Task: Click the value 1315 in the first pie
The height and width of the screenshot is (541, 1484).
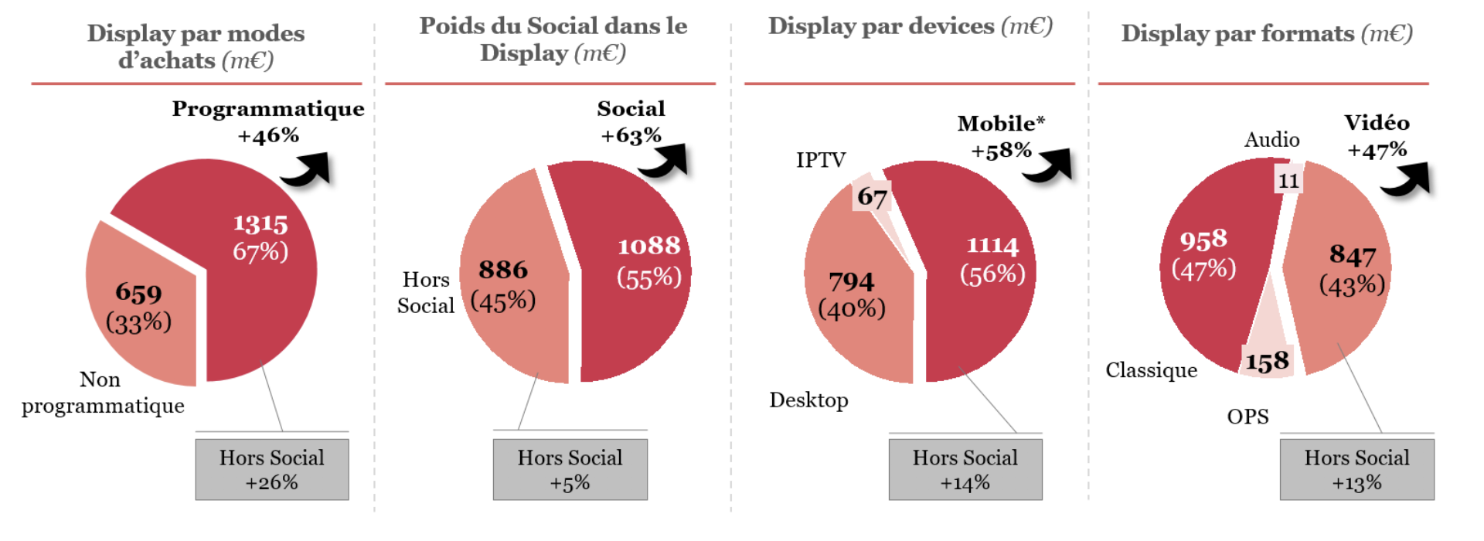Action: click(x=260, y=223)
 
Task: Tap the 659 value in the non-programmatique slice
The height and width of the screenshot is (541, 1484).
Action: click(x=139, y=293)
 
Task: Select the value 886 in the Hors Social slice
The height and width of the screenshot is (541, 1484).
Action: click(x=503, y=270)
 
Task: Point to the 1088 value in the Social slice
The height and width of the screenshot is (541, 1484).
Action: click(x=648, y=246)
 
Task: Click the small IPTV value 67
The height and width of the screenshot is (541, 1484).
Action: click(x=873, y=197)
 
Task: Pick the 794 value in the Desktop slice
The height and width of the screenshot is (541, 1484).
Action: click(x=852, y=281)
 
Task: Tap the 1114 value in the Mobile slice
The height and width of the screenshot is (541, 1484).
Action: click(x=992, y=246)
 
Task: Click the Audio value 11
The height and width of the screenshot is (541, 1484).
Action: click(x=1288, y=181)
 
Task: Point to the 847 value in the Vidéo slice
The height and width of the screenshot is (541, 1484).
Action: click(x=1353, y=254)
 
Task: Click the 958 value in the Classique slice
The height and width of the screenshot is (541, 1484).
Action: click(x=1203, y=240)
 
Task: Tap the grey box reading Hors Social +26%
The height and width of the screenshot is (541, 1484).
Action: click(x=272, y=469)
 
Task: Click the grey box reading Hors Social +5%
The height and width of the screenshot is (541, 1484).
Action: click(x=570, y=469)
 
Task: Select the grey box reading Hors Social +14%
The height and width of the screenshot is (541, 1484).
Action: click(x=965, y=469)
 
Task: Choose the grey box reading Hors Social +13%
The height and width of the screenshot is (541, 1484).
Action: click(x=1356, y=469)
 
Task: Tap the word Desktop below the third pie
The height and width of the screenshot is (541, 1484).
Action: click(x=808, y=400)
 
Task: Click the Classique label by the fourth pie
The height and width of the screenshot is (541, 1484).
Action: click(x=1151, y=370)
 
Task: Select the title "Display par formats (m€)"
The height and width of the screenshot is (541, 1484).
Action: click(x=1267, y=33)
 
